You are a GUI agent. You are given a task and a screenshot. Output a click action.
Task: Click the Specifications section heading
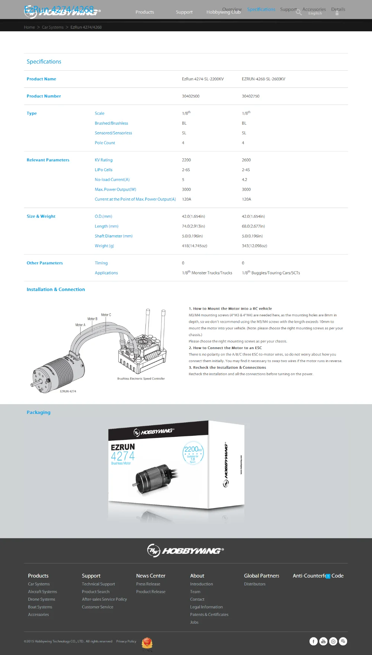pyautogui.click(x=44, y=62)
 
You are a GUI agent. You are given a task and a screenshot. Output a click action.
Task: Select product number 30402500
pyautogui.click(x=190, y=96)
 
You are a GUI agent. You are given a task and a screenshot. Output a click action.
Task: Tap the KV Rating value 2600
pyautogui.click(x=246, y=160)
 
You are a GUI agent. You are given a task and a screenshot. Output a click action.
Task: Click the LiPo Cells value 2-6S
pyautogui.click(x=186, y=170)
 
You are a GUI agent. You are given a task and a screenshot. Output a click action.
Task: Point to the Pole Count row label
pyautogui.click(x=105, y=143)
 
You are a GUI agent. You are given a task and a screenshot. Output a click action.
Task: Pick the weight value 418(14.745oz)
pyautogui.click(x=195, y=246)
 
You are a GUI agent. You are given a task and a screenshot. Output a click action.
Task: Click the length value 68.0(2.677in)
pyautogui.click(x=253, y=226)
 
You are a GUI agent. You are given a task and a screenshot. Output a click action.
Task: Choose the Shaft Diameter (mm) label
pyautogui.click(x=113, y=236)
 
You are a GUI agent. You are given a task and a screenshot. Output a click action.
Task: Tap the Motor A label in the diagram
pyautogui.click(x=80, y=325)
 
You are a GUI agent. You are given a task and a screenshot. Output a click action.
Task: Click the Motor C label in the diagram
pyautogui.click(x=106, y=315)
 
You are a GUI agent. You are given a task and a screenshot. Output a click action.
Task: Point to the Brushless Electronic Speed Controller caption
pyautogui.click(x=141, y=378)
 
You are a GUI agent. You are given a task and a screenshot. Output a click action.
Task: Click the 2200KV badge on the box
pyautogui.click(x=193, y=452)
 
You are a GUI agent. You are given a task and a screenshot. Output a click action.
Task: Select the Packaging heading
pyautogui.click(x=38, y=412)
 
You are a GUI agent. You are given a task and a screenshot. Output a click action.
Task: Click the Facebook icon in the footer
pyautogui.click(x=314, y=641)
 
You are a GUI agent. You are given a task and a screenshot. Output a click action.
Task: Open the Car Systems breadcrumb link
pyautogui.click(x=52, y=27)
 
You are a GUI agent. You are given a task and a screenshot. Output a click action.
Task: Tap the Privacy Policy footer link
pyautogui.click(x=126, y=641)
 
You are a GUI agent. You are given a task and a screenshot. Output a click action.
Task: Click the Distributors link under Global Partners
pyautogui.click(x=255, y=584)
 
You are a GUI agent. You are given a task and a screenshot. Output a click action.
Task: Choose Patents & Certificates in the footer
pyautogui.click(x=209, y=615)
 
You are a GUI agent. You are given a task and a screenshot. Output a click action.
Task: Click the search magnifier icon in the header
pyautogui.click(x=298, y=12)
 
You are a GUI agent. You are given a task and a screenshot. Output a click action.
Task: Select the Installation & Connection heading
pyautogui.click(x=56, y=290)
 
